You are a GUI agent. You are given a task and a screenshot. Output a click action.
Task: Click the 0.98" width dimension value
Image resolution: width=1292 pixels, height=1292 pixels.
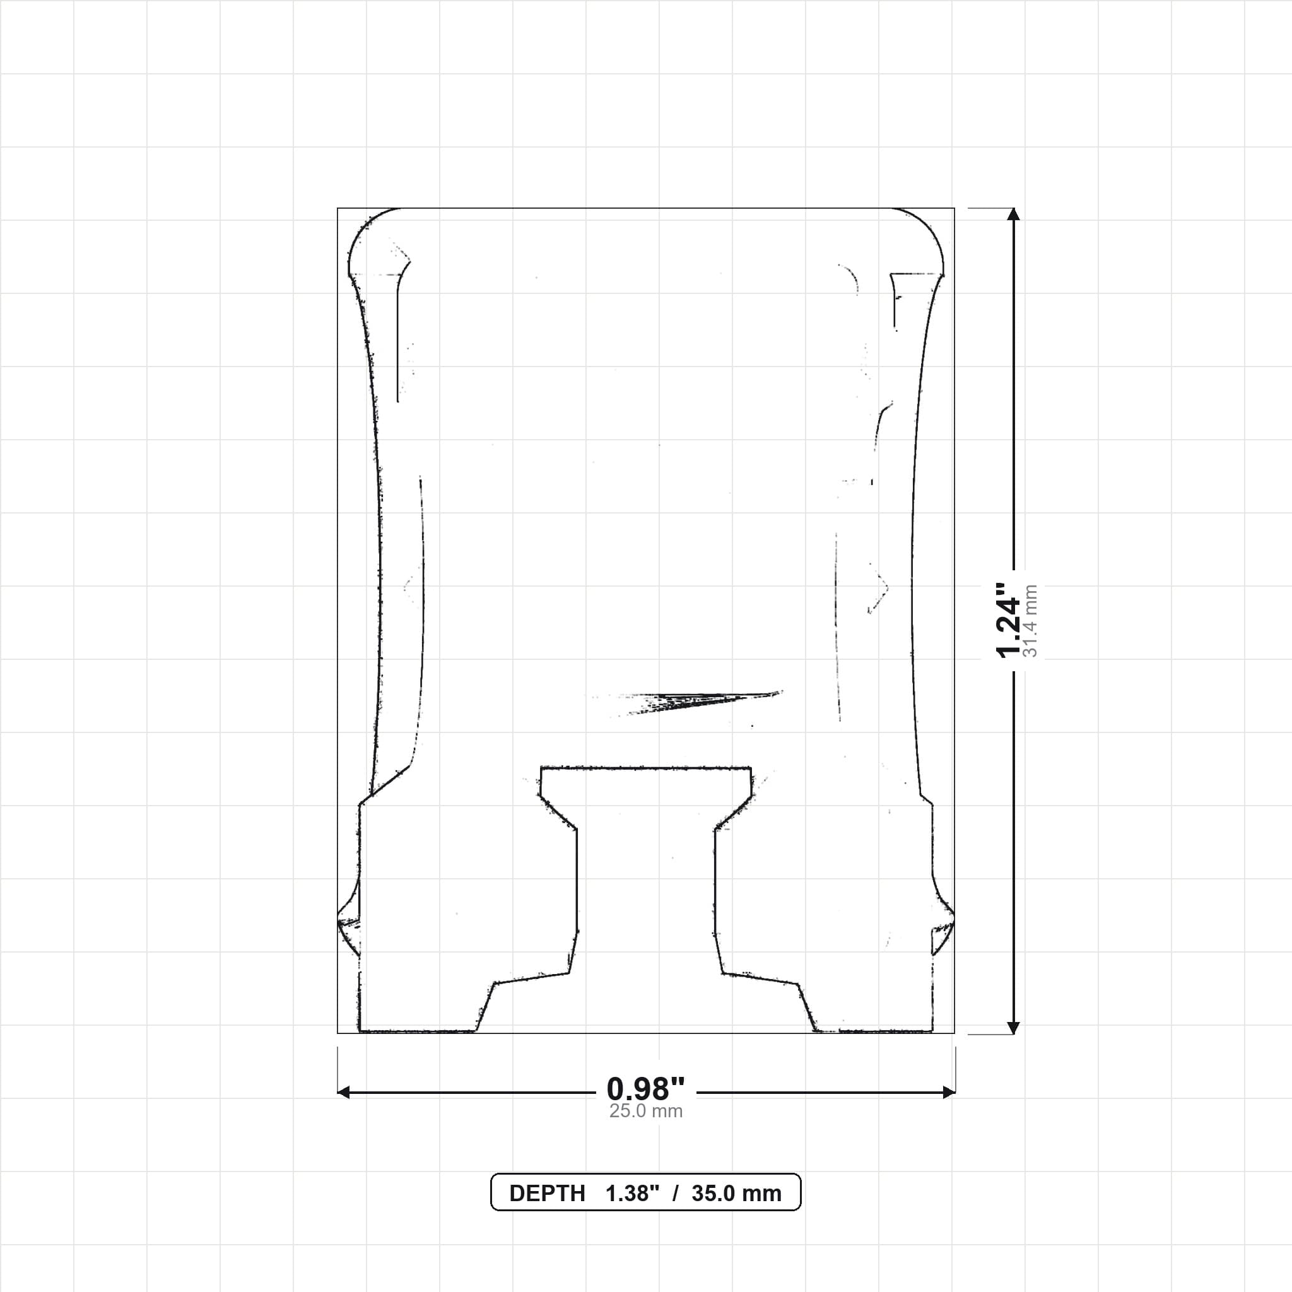pyautogui.click(x=645, y=1089)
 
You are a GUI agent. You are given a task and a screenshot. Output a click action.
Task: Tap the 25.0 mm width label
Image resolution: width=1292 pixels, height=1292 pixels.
pyautogui.click(x=645, y=1112)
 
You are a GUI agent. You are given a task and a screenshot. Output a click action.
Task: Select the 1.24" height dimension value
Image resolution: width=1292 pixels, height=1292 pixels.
pyautogui.click(x=1009, y=621)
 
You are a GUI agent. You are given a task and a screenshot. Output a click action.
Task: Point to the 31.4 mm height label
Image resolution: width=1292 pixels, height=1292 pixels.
pyautogui.click(x=1031, y=621)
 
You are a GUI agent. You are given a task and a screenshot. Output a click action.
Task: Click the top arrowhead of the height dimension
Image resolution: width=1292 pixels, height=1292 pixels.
pyautogui.click(x=1014, y=214)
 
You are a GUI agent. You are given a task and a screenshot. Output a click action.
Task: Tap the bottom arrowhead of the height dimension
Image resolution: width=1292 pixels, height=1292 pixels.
pyautogui.click(x=1014, y=1028)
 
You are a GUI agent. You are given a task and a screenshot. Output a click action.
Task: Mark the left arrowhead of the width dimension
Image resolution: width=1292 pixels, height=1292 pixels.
pyautogui.click(x=344, y=1093)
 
